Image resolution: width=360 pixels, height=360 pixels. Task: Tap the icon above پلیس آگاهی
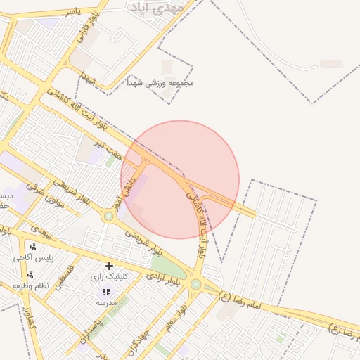pos(34,247)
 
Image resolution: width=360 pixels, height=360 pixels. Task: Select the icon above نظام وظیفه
pos(30,275)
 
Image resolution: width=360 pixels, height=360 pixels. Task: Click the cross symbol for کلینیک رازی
pos(109,266)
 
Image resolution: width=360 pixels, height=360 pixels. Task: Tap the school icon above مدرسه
pos(106,291)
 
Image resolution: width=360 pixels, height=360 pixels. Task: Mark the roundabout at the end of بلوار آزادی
pos(195,284)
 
